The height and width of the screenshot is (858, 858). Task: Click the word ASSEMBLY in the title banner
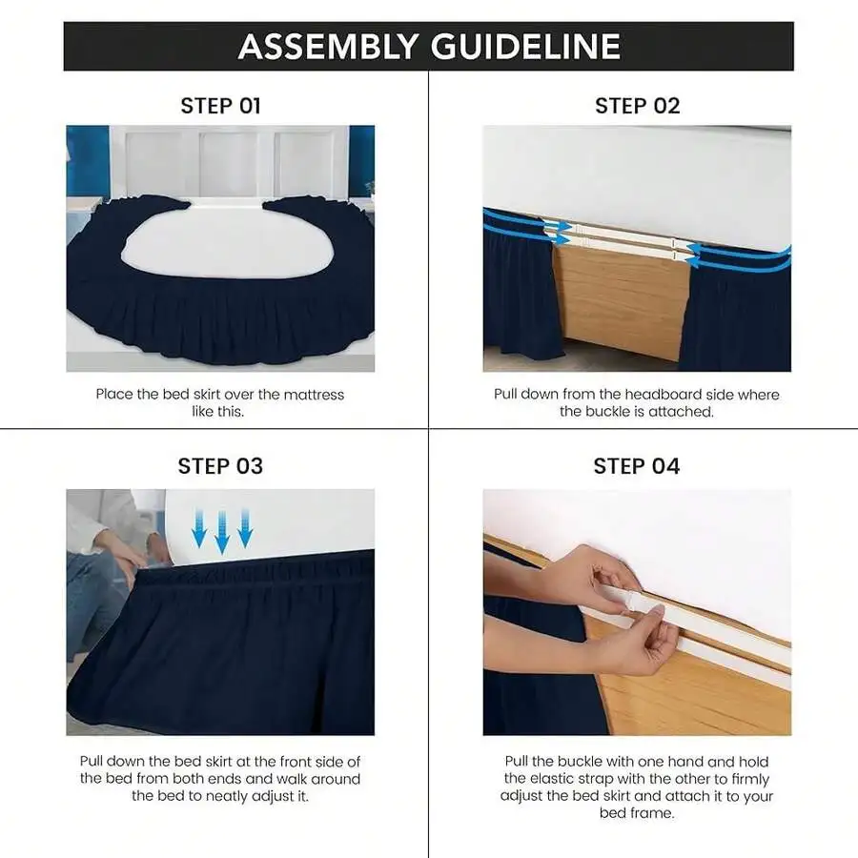(328, 46)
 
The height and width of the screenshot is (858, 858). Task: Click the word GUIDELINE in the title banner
(526, 46)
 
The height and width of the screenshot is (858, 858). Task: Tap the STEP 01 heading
(220, 106)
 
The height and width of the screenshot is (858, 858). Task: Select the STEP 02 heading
(638, 106)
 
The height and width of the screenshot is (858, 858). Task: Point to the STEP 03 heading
(220, 466)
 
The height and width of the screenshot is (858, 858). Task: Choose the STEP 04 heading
(637, 466)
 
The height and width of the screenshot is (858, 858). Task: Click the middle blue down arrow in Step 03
(221, 532)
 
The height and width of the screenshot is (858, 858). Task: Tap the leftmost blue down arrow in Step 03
(198, 528)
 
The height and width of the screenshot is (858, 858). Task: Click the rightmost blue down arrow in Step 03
(245, 528)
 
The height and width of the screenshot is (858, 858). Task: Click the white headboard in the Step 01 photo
(229, 161)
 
